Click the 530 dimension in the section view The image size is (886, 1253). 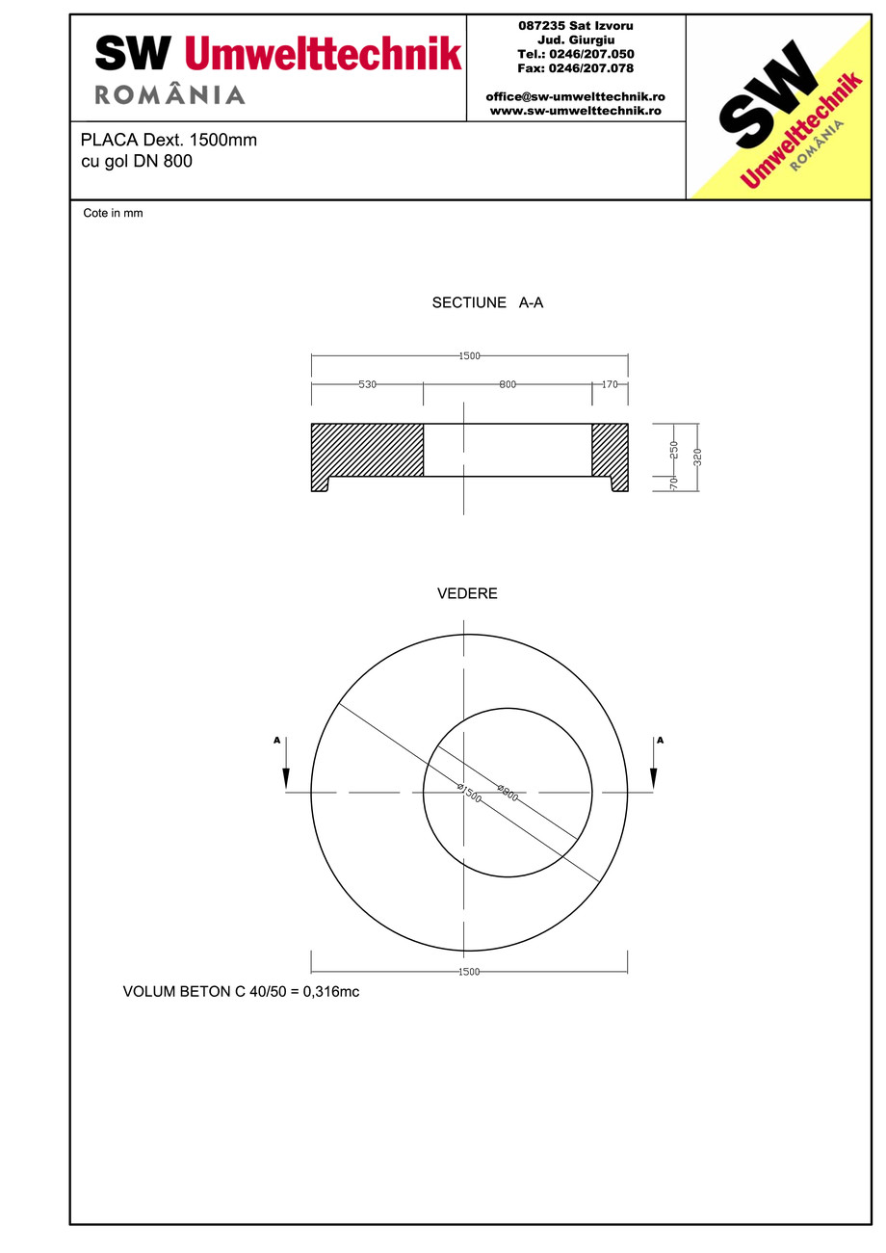click(x=367, y=384)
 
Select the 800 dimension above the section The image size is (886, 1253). click(x=508, y=384)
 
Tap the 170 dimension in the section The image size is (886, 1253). click(x=610, y=384)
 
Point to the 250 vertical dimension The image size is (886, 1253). click(x=674, y=449)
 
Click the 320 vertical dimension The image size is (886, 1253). click(x=698, y=457)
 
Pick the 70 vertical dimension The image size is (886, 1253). click(x=674, y=483)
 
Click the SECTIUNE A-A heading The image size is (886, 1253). click(x=487, y=302)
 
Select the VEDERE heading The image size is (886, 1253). click(x=467, y=594)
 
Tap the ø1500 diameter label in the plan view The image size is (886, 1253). click(x=469, y=794)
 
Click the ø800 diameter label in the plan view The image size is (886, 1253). click(x=508, y=793)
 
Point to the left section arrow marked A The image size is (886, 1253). click(x=286, y=766)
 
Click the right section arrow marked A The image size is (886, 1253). click(x=654, y=766)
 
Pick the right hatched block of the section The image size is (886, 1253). click(x=610, y=450)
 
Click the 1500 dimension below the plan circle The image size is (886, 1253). click(x=469, y=972)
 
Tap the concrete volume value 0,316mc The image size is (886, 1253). click(x=331, y=991)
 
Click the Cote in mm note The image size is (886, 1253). click(x=113, y=214)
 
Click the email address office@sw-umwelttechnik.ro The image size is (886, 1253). click(x=575, y=97)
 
